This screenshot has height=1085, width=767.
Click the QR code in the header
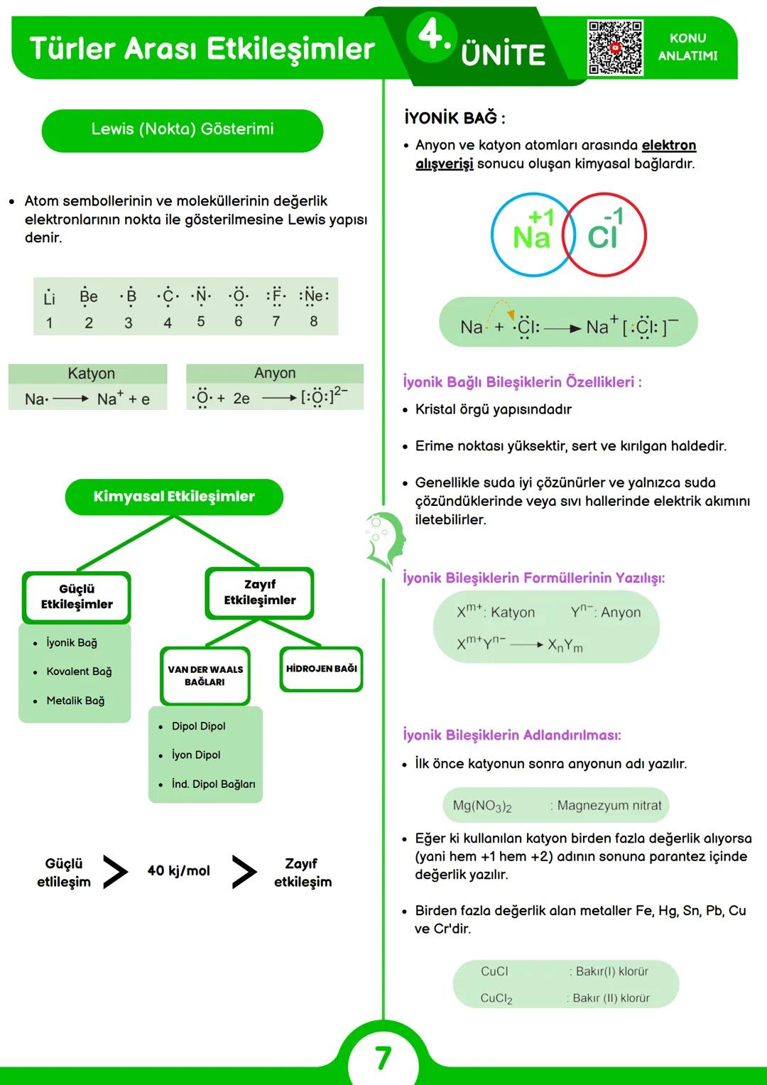(615, 48)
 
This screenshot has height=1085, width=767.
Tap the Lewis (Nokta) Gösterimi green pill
(183, 130)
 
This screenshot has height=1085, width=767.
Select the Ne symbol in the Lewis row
(313, 296)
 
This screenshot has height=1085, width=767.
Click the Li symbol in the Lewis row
(49, 298)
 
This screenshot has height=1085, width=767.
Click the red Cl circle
(606, 234)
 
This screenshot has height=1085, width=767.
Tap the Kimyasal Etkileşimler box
(174, 497)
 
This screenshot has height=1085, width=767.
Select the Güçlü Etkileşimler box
(77, 597)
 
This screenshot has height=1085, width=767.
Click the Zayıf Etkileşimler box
(259, 593)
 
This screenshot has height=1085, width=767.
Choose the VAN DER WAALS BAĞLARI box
(205, 676)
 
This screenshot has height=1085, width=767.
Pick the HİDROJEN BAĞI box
(321, 669)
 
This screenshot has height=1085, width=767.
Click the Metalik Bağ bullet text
(75, 701)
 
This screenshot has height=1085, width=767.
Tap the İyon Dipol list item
(196, 755)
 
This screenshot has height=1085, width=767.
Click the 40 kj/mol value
(179, 871)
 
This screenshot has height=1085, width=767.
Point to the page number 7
(383, 1058)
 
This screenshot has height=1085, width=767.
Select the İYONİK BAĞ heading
(455, 118)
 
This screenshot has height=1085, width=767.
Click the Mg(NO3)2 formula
(482, 806)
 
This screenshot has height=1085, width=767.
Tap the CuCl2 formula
(496, 998)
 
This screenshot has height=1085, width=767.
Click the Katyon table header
(91, 374)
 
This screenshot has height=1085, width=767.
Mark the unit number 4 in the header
(430, 35)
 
